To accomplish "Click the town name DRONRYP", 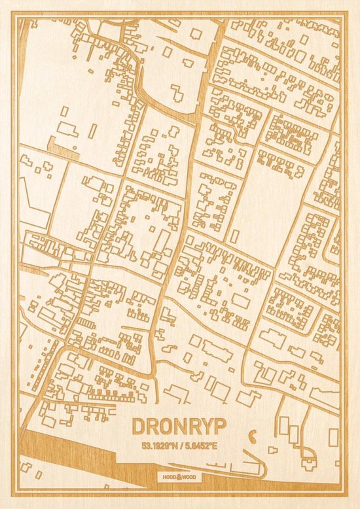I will pos(179,426).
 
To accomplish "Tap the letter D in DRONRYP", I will pos(139,426).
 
